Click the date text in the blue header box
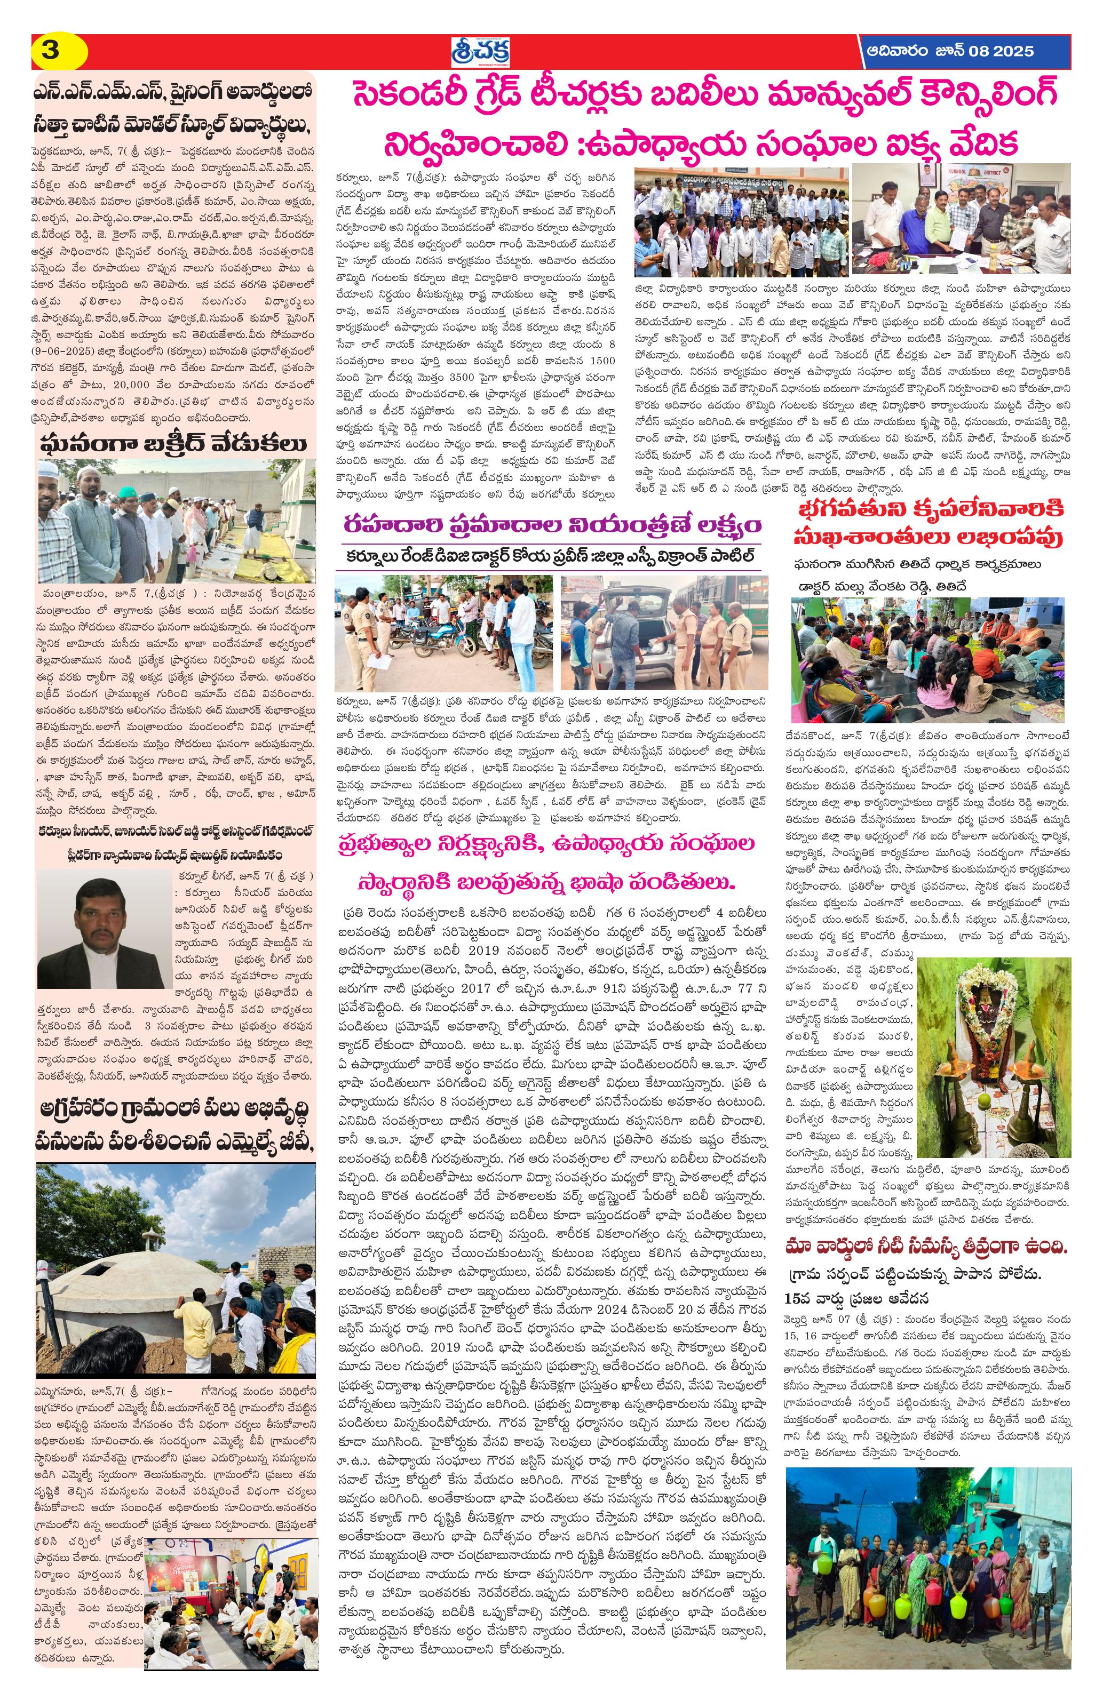949,51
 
